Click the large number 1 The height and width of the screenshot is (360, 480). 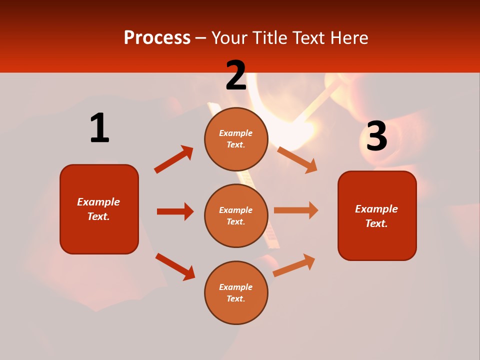[x=99, y=128]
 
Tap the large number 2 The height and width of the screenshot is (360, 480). [x=236, y=76]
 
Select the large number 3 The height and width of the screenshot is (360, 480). [x=376, y=136]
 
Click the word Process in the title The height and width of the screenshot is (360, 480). [x=157, y=37]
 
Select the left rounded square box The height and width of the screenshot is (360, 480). [x=99, y=209]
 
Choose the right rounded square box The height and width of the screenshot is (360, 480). [x=377, y=215]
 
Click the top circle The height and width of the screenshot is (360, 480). [x=236, y=139]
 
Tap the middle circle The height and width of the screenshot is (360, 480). [x=236, y=215]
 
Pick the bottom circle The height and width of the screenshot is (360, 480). [x=236, y=292]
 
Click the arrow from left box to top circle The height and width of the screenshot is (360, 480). [x=174, y=159]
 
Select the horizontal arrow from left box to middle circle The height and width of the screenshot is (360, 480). [x=175, y=211]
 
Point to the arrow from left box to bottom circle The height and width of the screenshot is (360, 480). [x=175, y=266]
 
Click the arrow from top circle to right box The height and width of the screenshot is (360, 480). [x=297, y=159]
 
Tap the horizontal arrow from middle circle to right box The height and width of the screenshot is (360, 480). [x=296, y=210]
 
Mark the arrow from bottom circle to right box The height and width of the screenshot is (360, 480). [x=294, y=265]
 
